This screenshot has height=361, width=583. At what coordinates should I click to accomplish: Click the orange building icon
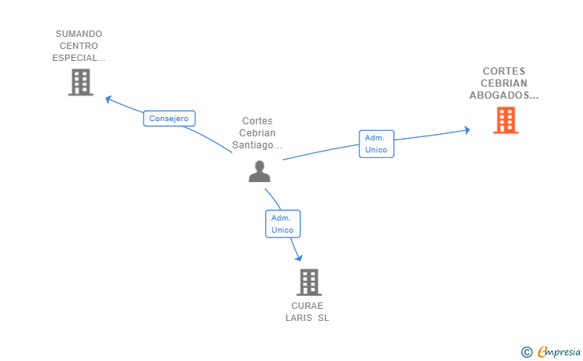coord(505,120)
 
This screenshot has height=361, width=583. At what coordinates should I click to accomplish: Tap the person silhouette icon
coord(259,172)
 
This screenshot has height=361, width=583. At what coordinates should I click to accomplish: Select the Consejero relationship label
coord(169,119)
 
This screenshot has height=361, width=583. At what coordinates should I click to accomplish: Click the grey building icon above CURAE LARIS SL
coord(309,282)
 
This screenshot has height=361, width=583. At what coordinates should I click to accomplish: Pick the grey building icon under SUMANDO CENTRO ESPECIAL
coord(81,83)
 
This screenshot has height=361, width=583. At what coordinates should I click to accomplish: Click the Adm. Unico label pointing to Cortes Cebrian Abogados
coord(376,144)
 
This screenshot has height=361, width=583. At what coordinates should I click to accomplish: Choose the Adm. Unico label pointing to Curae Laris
coord(283,224)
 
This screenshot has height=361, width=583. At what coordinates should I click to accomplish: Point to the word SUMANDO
coord(78,34)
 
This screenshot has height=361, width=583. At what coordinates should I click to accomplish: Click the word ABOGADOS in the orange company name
coord(499,95)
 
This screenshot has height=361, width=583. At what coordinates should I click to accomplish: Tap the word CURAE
coord(308,306)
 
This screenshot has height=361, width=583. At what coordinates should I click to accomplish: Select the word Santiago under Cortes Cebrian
coord(252,145)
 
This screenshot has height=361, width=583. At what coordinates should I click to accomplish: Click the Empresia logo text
coord(559,351)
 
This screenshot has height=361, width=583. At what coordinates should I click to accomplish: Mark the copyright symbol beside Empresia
coord(527,352)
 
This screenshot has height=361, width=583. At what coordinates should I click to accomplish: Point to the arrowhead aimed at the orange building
coord(468,130)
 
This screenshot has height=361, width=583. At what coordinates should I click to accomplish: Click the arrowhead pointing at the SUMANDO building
coord(108,99)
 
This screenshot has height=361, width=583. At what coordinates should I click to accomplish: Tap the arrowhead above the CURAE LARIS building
coord(299,258)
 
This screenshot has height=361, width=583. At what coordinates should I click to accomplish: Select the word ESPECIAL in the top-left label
coord(75,58)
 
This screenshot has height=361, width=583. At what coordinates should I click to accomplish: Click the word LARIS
coord(299,318)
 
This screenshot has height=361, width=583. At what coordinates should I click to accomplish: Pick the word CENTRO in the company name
coord(78,46)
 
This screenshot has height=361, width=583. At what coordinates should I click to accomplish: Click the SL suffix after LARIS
coord(324,318)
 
